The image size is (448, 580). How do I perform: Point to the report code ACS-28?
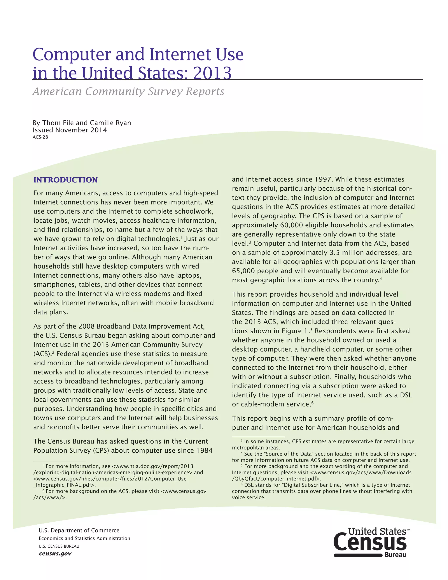tap(40, 137)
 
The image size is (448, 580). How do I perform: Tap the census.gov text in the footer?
tap(55, 554)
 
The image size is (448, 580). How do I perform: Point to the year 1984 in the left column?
tap(204, 450)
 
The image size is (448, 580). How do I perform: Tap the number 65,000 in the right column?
tap(243, 271)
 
